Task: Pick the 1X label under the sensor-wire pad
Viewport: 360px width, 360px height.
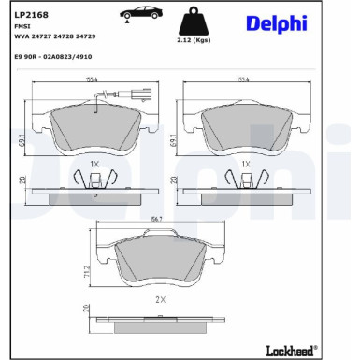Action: tap(94, 163)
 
